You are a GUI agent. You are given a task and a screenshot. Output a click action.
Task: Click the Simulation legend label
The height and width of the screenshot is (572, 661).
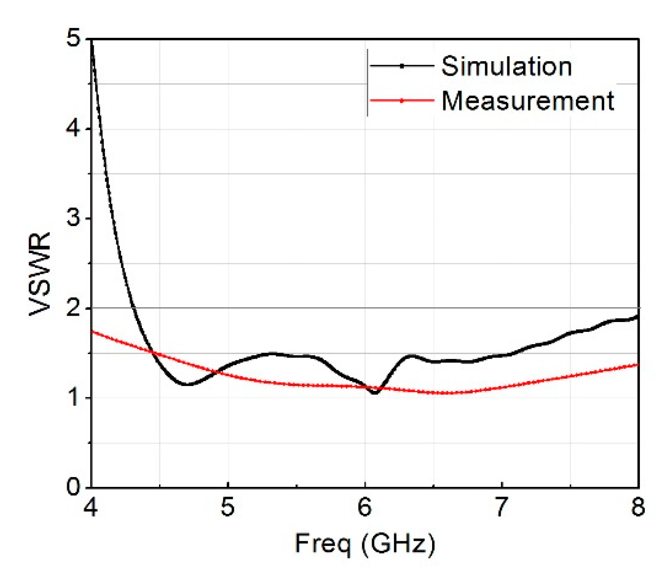click(506, 66)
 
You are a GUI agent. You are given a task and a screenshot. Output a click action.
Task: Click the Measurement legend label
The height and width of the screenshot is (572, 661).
click(528, 100)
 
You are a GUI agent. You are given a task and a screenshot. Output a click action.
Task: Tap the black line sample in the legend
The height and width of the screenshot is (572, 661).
click(401, 66)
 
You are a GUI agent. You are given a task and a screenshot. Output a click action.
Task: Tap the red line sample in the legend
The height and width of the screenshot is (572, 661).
click(401, 100)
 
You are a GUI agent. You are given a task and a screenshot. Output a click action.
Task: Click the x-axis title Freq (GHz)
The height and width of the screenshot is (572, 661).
click(365, 543)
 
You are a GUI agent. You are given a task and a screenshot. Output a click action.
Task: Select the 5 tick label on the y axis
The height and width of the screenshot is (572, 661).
click(73, 39)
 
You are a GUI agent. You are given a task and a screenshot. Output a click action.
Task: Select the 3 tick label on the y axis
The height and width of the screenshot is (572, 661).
click(73, 218)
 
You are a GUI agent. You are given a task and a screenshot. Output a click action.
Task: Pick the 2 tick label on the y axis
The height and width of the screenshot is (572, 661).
click(73, 308)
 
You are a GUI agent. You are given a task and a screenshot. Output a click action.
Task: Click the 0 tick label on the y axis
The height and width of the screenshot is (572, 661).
click(73, 487)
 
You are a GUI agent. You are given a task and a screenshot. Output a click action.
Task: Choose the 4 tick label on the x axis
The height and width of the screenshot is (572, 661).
click(91, 507)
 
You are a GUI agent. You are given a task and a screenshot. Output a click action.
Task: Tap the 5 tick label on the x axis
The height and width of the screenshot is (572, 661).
click(228, 507)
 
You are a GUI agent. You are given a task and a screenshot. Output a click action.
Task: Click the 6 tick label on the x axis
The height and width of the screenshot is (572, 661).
click(365, 507)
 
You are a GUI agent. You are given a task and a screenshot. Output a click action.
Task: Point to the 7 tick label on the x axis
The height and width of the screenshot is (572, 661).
click(501, 507)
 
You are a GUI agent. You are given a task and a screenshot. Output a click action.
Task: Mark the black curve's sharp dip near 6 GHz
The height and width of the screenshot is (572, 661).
click(374, 393)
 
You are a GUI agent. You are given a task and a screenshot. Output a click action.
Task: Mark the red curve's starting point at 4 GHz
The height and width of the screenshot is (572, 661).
click(92, 331)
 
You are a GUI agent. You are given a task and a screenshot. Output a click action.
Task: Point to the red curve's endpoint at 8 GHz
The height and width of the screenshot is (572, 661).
click(638, 364)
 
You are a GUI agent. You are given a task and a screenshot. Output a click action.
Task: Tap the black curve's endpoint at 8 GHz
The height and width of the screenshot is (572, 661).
click(638, 316)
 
